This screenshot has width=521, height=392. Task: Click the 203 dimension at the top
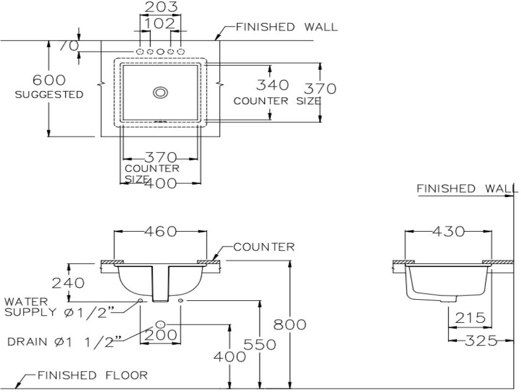point(161,7)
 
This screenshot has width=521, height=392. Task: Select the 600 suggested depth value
point(49,80)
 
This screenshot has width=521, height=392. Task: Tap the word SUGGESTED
point(49,94)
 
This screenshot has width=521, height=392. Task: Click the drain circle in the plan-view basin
point(160,93)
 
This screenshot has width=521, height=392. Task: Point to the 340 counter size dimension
point(273,85)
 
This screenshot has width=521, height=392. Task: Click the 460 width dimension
point(160,231)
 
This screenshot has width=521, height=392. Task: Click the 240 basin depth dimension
point(68,283)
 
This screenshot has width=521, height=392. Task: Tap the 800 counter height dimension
point(290,324)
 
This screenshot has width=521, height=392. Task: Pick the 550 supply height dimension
point(260,345)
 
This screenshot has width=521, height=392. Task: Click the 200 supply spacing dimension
point(160,335)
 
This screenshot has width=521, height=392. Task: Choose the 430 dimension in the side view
point(448,231)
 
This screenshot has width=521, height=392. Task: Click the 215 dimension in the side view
point(470,318)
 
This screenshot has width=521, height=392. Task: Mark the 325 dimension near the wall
point(481,340)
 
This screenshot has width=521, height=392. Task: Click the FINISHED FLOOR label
point(93,376)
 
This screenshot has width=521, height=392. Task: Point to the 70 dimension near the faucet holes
point(69,46)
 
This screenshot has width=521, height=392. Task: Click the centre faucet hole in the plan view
point(160,52)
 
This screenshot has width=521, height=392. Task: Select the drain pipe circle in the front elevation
point(160,324)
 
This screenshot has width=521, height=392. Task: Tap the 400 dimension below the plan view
point(161,183)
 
